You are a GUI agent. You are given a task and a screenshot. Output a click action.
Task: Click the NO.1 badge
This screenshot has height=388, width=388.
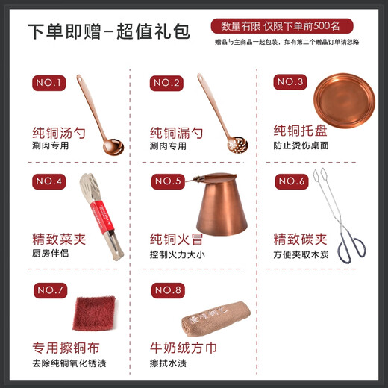point(48,83)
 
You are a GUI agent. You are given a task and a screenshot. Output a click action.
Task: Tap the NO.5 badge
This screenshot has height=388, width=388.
point(168,181)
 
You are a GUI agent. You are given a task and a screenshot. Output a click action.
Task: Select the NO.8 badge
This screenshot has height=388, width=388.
point(168,290)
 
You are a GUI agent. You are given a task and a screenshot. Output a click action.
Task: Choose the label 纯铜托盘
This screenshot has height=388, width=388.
point(301,130)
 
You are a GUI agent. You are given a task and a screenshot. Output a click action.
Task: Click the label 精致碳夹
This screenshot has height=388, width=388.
point(300,240)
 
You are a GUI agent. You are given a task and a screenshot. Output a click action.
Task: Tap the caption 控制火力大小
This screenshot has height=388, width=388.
point(176,255)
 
